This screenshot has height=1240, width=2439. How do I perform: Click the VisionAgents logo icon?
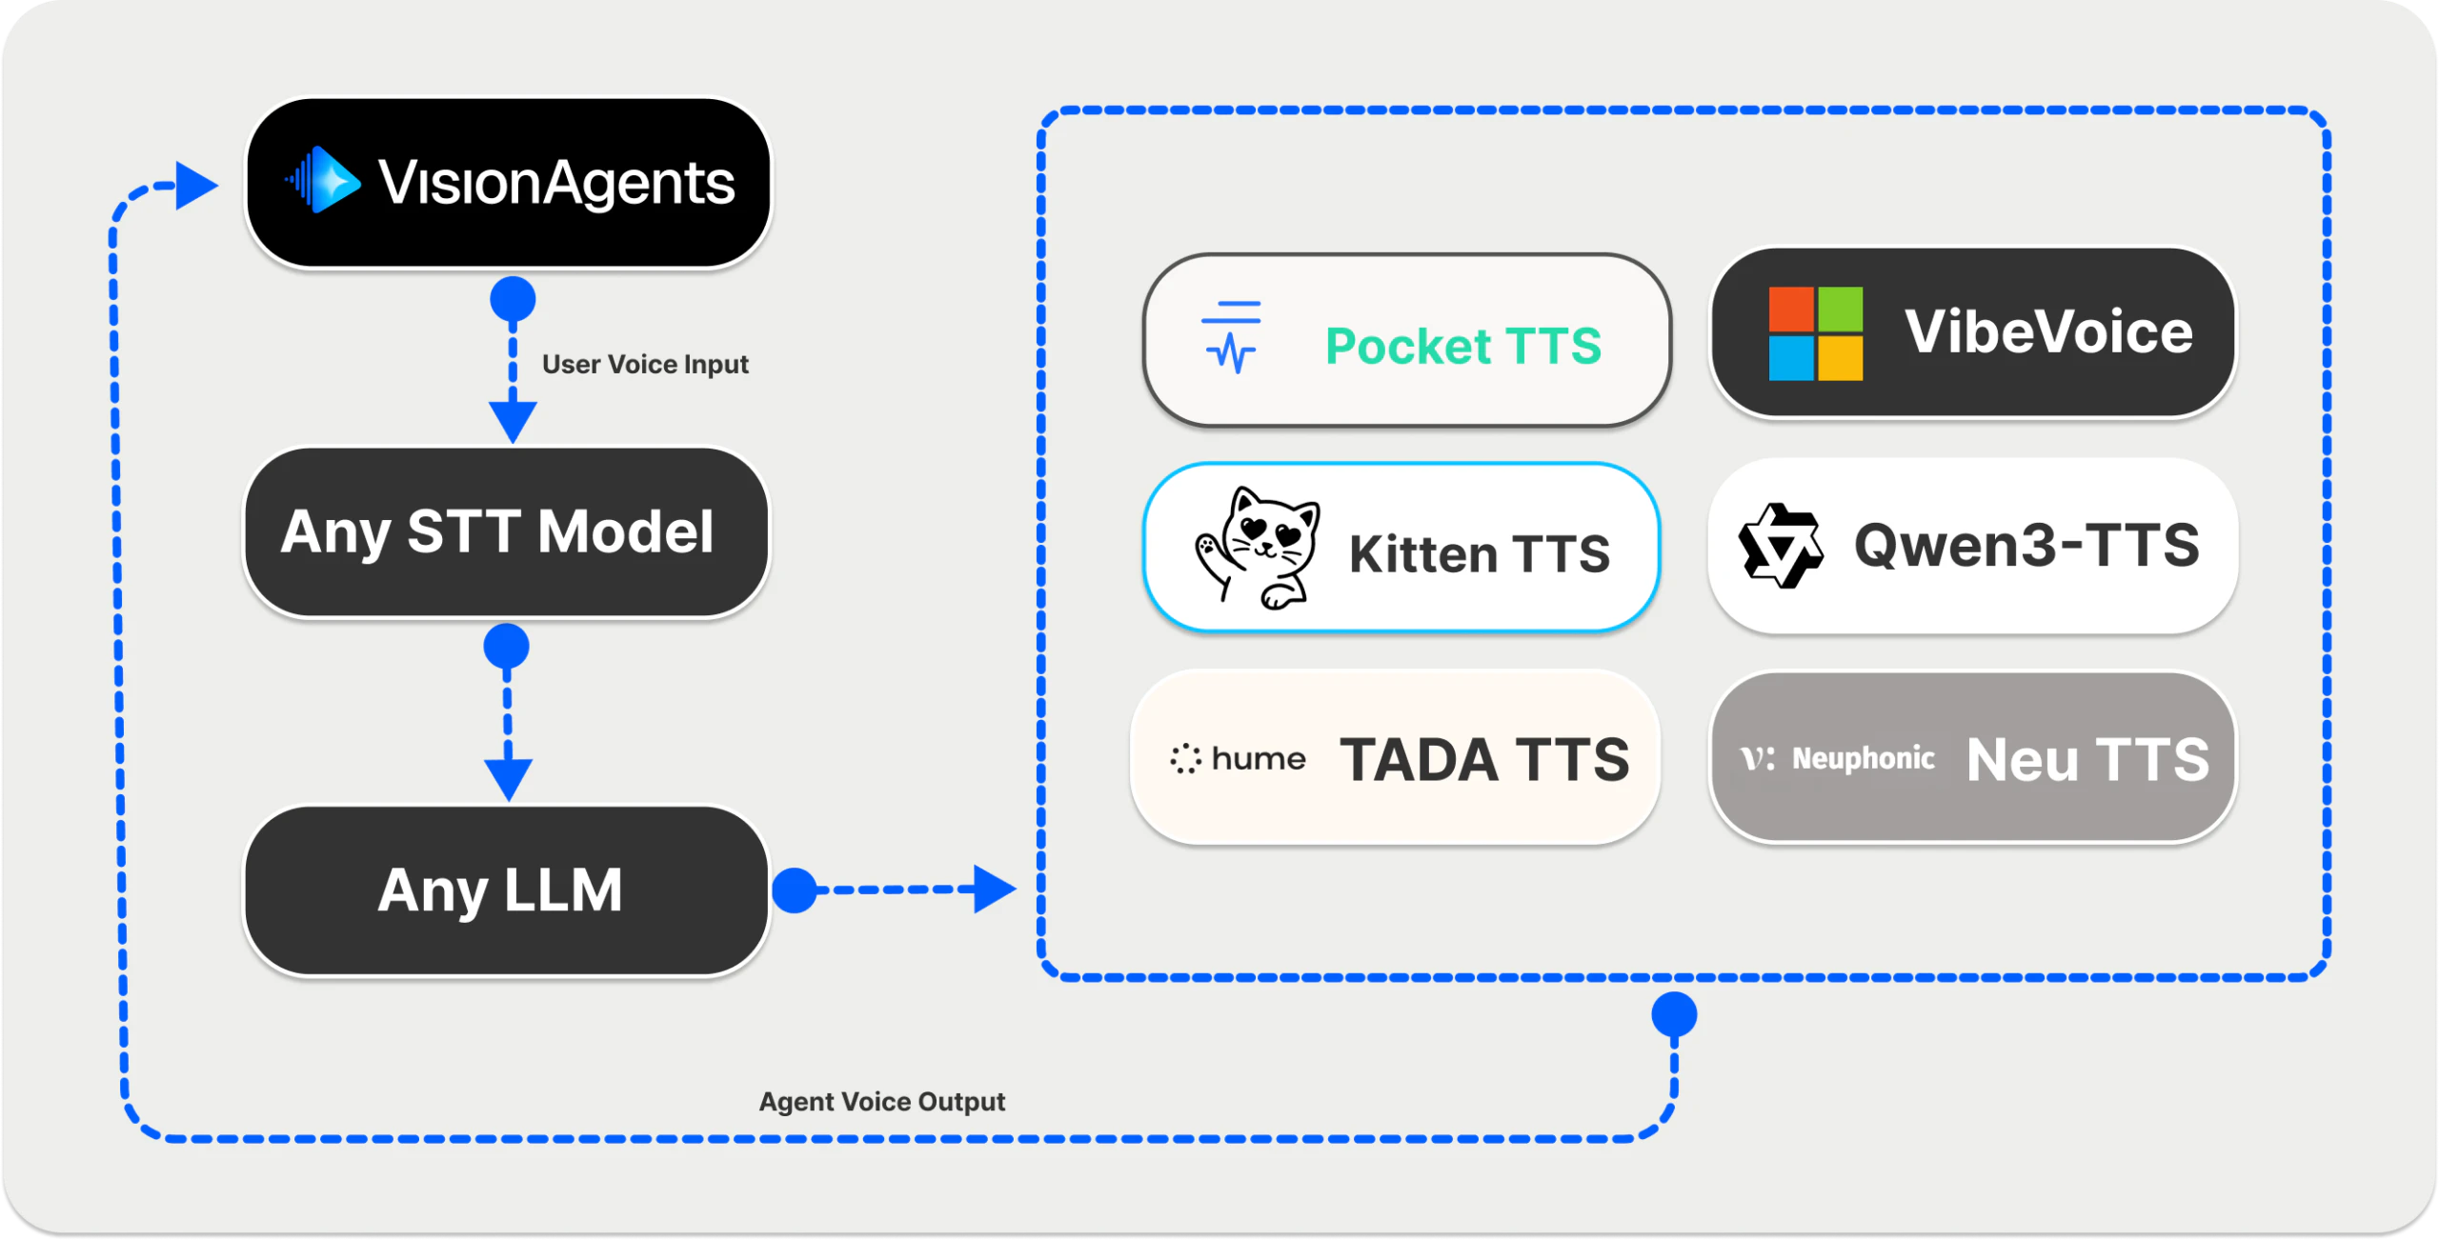pyautogui.click(x=325, y=180)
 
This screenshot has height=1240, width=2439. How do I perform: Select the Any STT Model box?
pyautogui.click(x=506, y=532)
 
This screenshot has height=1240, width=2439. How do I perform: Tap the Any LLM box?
pyautogui.click(x=506, y=890)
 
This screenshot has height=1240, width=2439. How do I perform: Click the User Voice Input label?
pyautogui.click(x=645, y=365)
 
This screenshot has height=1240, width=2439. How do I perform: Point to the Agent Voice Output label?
pyautogui.click(x=881, y=1102)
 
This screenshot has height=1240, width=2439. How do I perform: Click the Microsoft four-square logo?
pyautogui.click(x=1815, y=333)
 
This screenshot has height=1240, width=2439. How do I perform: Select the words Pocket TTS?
pyautogui.click(x=1463, y=345)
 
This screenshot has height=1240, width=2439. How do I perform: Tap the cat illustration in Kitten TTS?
pyautogui.click(x=1258, y=548)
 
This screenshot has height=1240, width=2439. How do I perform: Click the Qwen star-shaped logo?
pyautogui.click(x=1780, y=546)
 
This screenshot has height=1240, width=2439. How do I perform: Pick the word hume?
pyautogui.click(x=1258, y=759)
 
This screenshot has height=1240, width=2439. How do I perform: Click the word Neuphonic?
pyautogui.click(x=1863, y=759)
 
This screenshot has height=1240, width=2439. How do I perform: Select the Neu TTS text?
pyautogui.click(x=2086, y=760)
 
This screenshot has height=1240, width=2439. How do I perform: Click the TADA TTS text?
pyautogui.click(x=1484, y=760)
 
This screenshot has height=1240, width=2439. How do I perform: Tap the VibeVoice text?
pyautogui.click(x=2048, y=331)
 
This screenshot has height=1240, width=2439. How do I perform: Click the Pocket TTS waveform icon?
pyautogui.click(x=1231, y=338)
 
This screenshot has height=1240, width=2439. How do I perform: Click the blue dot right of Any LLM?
pyautogui.click(x=794, y=890)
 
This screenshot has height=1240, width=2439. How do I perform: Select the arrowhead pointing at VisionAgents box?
pyautogui.click(x=195, y=185)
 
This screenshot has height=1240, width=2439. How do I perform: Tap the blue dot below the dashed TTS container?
pyautogui.click(x=1674, y=1014)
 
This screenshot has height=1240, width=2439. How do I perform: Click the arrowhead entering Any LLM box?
pyautogui.click(x=508, y=779)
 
